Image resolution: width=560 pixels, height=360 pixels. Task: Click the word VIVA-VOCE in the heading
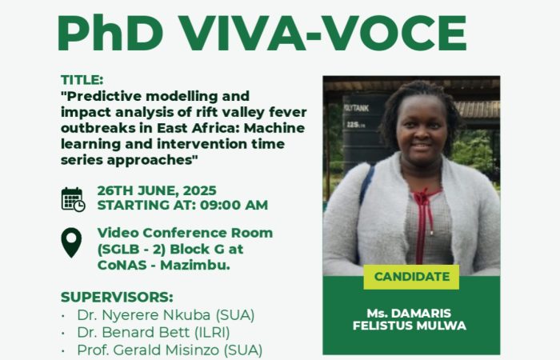[x=323, y=34]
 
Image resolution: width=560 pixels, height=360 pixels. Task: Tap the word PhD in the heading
[x=110, y=34]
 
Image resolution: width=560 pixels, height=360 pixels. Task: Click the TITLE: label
[x=82, y=80]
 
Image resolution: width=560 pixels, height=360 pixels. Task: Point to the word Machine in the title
[x=274, y=128]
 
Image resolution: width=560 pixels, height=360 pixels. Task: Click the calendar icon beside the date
[x=74, y=199]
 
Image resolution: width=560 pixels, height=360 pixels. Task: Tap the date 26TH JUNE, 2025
[x=157, y=190]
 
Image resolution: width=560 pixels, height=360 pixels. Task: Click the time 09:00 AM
[x=234, y=206]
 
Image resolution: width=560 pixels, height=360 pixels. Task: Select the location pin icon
[x=71, y=242]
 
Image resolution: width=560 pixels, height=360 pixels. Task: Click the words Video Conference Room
[x=185, y=233]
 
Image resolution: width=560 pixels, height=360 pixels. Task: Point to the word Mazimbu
[x=195, y=266]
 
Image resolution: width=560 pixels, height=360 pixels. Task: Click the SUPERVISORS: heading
[x=117, y=297]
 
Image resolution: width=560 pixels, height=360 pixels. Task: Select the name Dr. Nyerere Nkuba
[x=143, y=315]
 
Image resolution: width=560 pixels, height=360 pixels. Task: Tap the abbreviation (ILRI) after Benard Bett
[x=212, y=333]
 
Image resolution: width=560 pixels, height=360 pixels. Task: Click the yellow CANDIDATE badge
[x=411, y=277]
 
